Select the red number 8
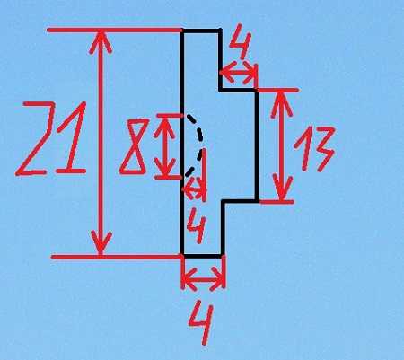[x=134, y=146]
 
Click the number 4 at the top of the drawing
[x=242, y=42]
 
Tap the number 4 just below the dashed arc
[x=197, y=227]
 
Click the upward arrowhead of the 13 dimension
[x=281, y=103]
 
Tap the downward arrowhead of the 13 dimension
[x=282, y=189]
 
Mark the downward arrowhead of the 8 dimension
[x=164, y=167]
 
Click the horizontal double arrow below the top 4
[x=239, y=73]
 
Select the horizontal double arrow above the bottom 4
[x=203, y=279]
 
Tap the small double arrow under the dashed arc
[x=195, y=189]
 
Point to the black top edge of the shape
[x=201, y=31]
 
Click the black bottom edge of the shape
[x=202, y=256]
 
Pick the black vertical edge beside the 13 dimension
[x=257, y=145]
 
